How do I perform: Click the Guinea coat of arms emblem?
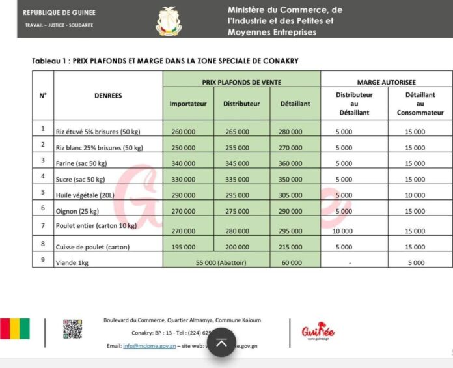click(x=169, y=20)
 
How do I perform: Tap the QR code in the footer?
click(x=72, y=329)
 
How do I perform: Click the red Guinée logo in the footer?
click(x=318, y=332)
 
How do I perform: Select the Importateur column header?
click(x=187, y=104)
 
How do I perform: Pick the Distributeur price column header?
click(x=241, y=104)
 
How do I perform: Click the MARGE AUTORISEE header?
click(x=387, y=83)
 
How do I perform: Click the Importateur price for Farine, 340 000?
click(x=184, y=163)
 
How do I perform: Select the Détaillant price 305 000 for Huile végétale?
click(x=290, y=195)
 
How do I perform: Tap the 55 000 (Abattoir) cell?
click(x=215, y=262)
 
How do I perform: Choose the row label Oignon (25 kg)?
click(x=79, y=211)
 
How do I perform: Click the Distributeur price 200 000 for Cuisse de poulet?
click(x=236, y=247)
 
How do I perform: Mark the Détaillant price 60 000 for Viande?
click(x=290, y=262)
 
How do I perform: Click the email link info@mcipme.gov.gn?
click(x=150, y=346)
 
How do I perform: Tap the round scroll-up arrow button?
click(x=222, y=343)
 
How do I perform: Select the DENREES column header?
click(x=107, y=96)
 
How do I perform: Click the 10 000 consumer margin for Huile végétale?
click(x=415, y=195)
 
